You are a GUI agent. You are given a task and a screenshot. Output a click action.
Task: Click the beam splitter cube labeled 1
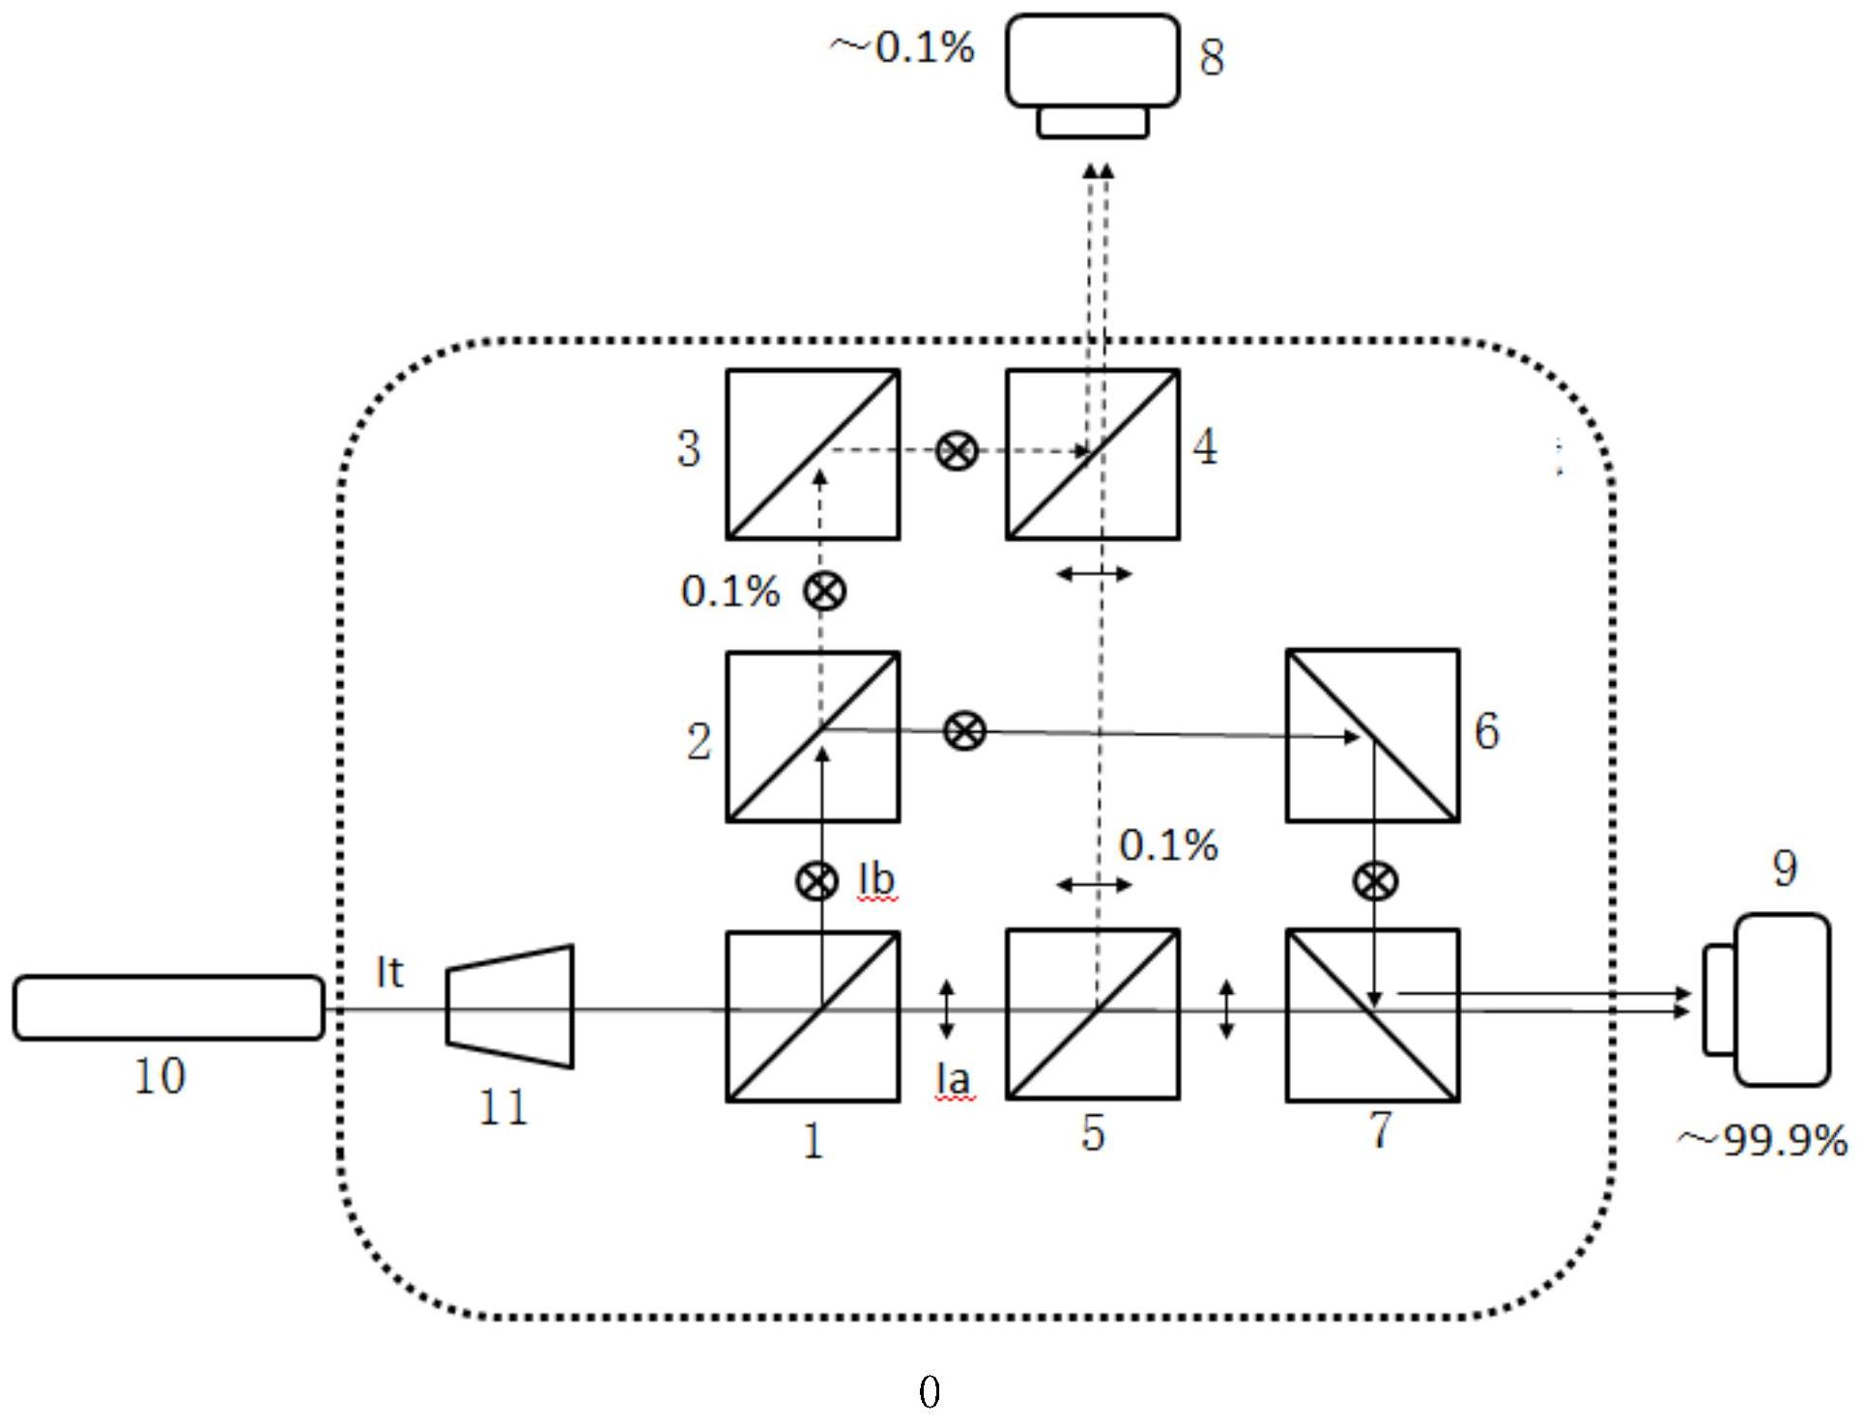[813, 1015]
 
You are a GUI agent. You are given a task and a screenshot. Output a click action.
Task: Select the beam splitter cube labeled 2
[813, 736]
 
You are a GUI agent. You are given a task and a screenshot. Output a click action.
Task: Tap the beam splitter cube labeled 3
[813, 453]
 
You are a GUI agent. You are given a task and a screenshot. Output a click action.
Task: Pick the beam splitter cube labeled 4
[1092, 453]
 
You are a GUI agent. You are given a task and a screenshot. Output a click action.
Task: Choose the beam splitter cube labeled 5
[1092, 1014]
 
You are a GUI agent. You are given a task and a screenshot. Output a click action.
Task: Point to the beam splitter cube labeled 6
[1372, 735]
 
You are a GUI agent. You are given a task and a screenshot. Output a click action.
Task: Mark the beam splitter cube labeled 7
[1372, 1014]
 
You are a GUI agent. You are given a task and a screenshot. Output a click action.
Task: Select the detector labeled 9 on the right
[1768, 1000]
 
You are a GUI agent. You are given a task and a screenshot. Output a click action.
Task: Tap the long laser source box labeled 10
[168, 1008]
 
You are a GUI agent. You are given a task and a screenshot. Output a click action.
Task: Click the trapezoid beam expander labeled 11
[510, 1007]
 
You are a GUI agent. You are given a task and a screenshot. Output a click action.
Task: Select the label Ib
[876, 880]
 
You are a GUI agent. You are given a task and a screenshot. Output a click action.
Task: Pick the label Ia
[952, 1079]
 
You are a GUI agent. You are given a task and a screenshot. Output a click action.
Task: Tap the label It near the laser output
[389, 973]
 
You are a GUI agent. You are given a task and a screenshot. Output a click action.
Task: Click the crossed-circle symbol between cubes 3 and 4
[957, 451]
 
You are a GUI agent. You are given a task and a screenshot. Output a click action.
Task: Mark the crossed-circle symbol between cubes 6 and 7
[1374, 881]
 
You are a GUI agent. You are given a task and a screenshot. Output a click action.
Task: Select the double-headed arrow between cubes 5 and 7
[1226, 1010]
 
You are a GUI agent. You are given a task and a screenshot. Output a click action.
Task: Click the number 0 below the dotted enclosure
[929, 1392]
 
